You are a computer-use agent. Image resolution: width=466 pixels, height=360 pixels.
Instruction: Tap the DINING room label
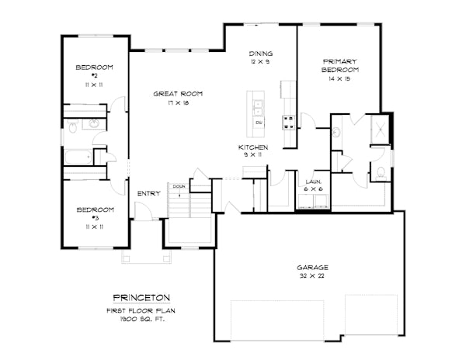click(x=260, y=54)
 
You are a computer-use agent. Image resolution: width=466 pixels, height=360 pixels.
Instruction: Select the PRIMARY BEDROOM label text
click(x=339, y=64)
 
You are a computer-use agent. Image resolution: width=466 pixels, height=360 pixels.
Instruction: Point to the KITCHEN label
click(x=253, y=147)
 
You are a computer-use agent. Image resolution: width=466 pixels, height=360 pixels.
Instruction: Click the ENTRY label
click(x=148, y=193)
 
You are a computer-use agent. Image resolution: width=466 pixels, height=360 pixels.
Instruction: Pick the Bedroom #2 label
click(x=94, y=67)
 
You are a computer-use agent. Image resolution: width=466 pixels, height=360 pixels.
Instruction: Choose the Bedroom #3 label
click(x=94, y=209)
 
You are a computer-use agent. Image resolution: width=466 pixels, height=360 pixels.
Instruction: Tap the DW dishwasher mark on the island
click(x=259, y=123)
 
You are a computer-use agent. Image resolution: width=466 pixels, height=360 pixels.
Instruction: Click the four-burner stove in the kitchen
click(x=287, y=121)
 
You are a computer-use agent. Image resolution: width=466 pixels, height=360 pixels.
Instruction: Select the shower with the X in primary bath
click(x=381, y=130)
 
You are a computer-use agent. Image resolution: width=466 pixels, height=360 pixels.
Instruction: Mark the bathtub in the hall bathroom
click(x=78, y=157)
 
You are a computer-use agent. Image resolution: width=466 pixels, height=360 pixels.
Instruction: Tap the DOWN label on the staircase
click(x=179, y=186)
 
